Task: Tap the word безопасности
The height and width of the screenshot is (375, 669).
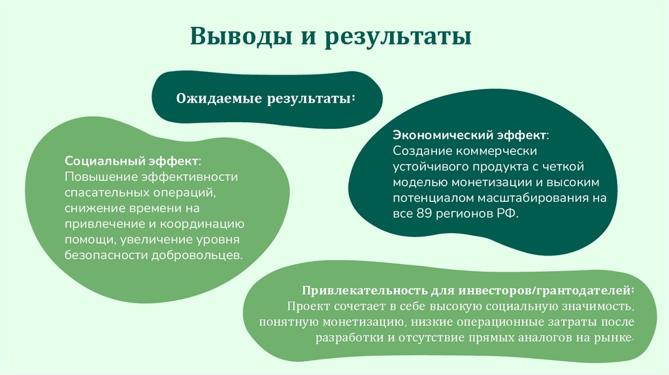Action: click(x=106, y=255)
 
